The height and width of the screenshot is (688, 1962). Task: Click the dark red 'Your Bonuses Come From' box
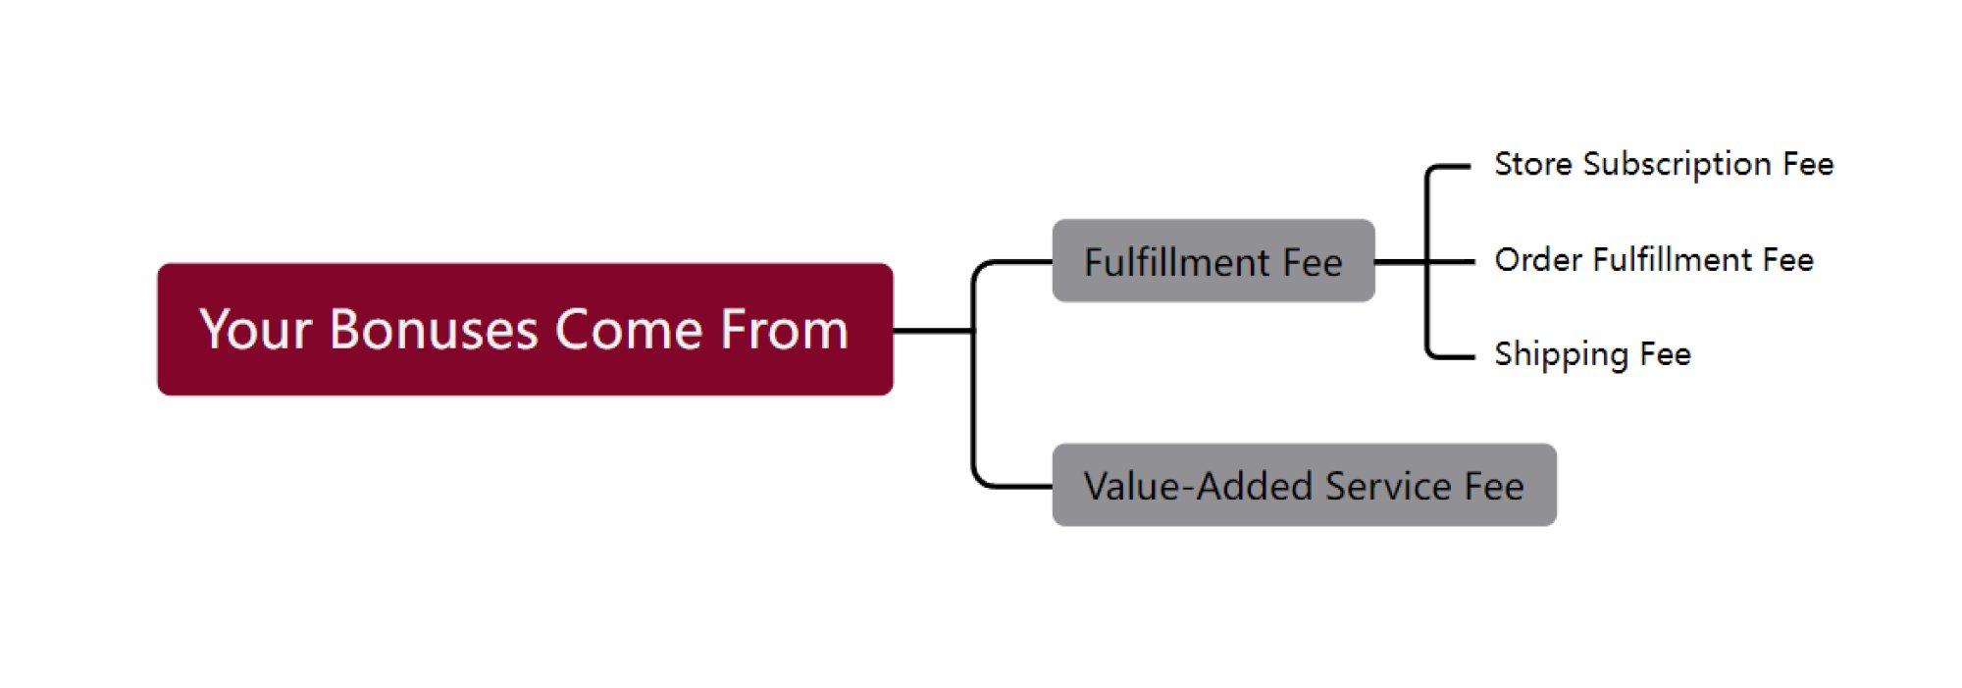click(525, 329)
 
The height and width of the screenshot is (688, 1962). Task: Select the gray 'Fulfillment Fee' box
click(1213, 261)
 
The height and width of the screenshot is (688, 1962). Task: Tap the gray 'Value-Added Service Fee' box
click(1304, 485)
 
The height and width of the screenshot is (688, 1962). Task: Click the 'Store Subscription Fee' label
click(1664, 164)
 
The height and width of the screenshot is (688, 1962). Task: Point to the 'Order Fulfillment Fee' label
click(1654, 260)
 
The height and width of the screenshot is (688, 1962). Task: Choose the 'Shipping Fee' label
click(1592, 354)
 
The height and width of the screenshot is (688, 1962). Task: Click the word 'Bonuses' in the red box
click(434, 330)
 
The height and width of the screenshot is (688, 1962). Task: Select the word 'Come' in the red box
click(629, 330)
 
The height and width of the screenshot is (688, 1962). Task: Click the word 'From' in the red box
click(784, 330)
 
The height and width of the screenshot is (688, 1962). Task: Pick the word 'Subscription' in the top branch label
click(1677, 165)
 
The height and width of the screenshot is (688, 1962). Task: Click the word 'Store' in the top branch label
click(1533, 164)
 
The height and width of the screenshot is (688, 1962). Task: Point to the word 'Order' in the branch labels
click(1538, 260)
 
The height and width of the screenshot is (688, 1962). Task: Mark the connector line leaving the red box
click(933, 331)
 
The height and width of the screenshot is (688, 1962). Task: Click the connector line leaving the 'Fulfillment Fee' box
click(1401, 262)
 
